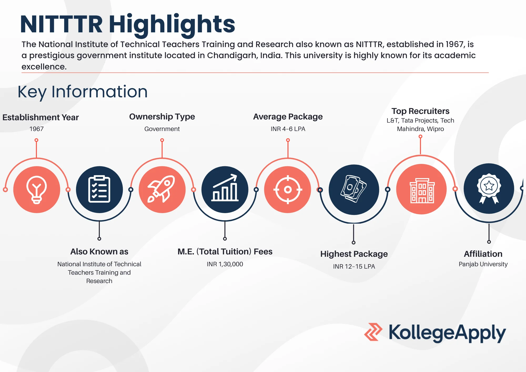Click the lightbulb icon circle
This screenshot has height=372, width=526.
37,189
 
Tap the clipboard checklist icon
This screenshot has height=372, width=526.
99,189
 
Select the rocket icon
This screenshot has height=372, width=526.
162,189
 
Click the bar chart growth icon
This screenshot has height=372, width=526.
225,189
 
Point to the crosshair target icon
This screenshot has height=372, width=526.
288,189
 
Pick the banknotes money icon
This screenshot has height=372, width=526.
354,189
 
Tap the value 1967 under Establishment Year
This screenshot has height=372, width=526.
37,129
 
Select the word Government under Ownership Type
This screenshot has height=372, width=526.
162,129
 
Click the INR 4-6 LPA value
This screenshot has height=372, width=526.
288,129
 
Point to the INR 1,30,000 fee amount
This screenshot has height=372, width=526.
225,264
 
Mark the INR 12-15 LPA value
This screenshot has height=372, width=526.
354,267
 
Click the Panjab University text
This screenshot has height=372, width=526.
483,264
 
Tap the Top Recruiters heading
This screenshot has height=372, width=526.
420,111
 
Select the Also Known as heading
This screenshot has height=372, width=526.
99,252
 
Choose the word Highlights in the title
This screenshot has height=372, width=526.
172,24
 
